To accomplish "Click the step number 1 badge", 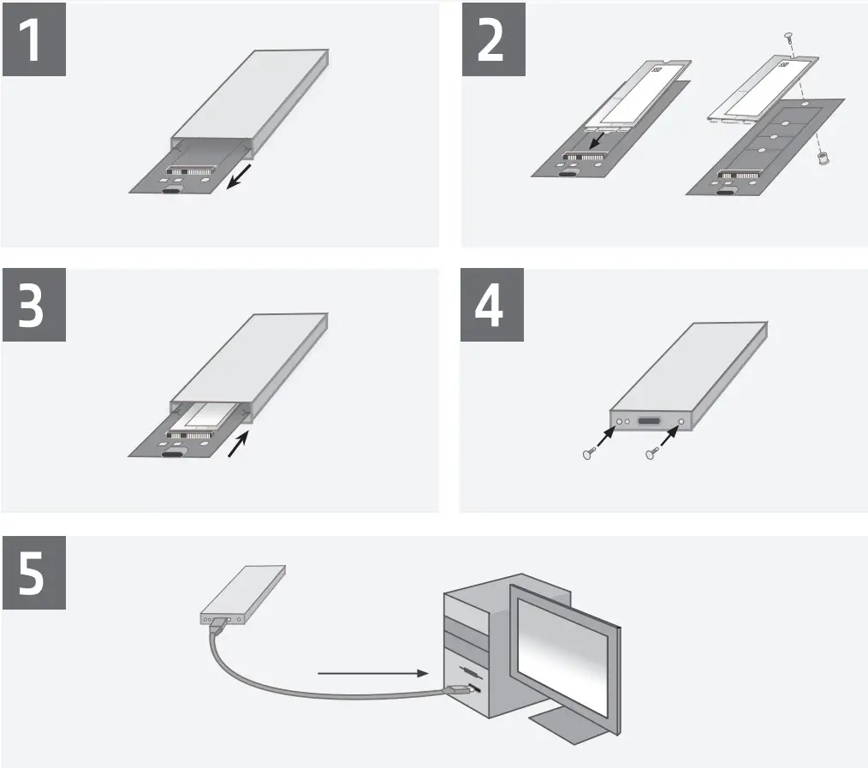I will [x=33, y=40].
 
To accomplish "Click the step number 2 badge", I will [x=490, y=40].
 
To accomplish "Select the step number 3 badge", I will [x=33, y=307].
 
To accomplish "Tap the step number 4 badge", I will [x=490, y=307].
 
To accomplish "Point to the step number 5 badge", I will [x=33, y=575].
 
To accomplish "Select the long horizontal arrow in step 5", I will [x=372, y=674].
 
